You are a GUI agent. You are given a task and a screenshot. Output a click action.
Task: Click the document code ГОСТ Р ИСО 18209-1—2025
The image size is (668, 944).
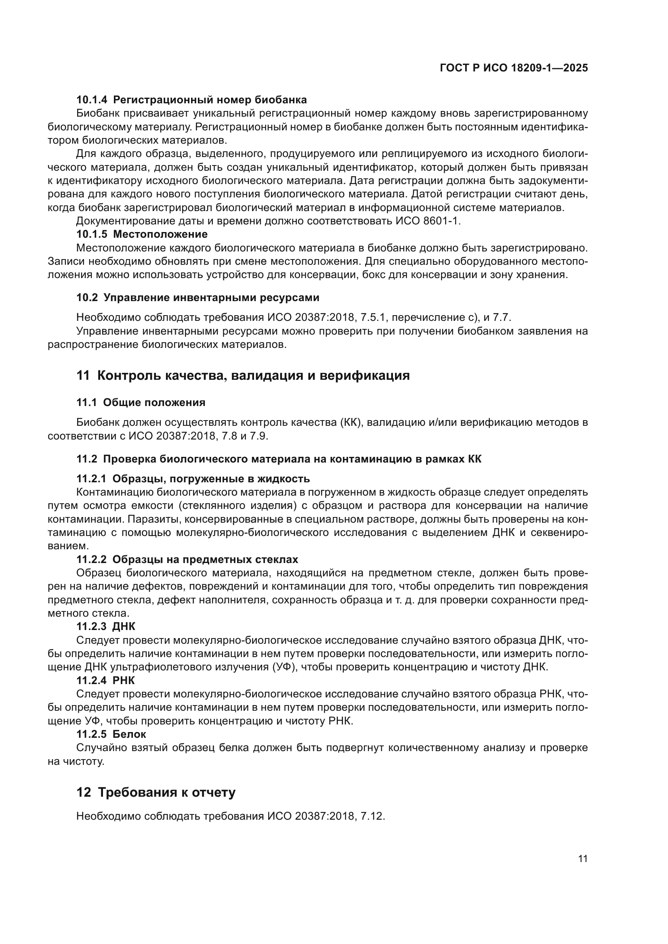pyautogui.click(x=513, y=68)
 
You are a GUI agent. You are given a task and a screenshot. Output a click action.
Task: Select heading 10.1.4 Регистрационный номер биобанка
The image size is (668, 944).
pyautogui.click(x=191, y=100)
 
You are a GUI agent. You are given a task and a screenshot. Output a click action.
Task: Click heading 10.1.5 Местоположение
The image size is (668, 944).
pyautogui.click(x=142, y=234)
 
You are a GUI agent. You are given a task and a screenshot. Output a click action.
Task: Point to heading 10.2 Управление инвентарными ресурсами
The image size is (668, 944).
pyautogui.click(x=197, y=298)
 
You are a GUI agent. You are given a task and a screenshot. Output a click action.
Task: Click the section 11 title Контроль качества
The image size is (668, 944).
pyautogui.click(x=243, y=376)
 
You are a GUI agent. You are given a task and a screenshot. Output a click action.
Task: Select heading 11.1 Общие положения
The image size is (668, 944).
pyautogui.click(x=141, y=402)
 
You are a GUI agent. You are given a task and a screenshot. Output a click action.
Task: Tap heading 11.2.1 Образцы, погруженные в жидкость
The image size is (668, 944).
pyautogui.click(x=193, y=479)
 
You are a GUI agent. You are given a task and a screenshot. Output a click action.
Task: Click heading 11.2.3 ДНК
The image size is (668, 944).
pyautogui.click(x=106, y=627)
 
